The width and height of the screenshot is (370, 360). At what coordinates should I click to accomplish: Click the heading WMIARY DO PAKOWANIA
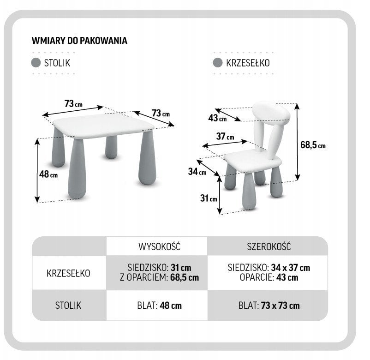tap(79, 40)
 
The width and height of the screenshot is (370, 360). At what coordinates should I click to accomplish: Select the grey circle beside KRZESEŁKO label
tap(218, 63)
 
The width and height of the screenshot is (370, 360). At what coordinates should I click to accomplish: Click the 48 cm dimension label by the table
tap(48, 174)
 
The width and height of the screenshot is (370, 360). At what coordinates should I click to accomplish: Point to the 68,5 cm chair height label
tap(313, 145)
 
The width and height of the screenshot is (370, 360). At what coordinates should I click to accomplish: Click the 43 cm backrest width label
tap(217, 118)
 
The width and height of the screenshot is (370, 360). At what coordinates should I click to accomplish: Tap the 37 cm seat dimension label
tap(225, 137)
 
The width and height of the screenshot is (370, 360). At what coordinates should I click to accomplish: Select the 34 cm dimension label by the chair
tap(197, 172)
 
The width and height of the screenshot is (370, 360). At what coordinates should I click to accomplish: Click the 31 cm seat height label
tap(209, 198)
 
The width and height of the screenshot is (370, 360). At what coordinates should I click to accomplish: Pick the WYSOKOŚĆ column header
tap(157, 246)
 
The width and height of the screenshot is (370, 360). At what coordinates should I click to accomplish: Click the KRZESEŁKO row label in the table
tap(69, 273)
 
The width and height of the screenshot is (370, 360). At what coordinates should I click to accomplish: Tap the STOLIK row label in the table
tap(69, 305)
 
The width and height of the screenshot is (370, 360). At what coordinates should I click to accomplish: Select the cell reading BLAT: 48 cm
tap(157, 305)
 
